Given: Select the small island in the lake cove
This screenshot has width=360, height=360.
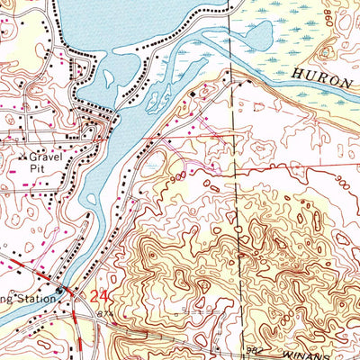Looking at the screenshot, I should point(109,79).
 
